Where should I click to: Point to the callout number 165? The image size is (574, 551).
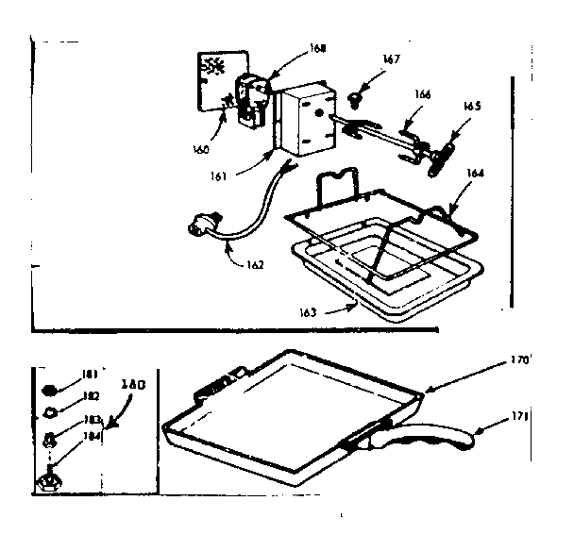pos(472,107)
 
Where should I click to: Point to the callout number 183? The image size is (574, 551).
pos(91,418)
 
